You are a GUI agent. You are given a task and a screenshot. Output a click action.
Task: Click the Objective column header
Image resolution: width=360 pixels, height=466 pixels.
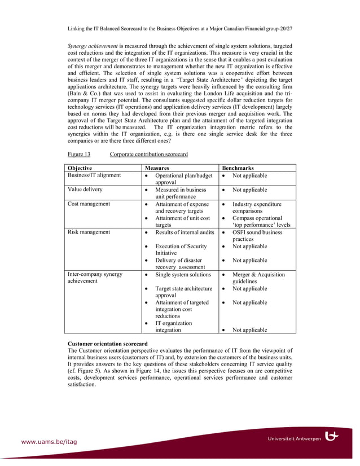(x=80, y=168)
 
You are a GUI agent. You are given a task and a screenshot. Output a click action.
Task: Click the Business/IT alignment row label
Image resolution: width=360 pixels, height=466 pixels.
(x=94, y=175)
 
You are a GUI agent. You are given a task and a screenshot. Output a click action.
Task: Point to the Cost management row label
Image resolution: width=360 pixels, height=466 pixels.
(x=89, y=204)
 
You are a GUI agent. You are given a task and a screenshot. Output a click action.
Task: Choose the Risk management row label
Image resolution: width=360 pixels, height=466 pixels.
(x=89, y=232)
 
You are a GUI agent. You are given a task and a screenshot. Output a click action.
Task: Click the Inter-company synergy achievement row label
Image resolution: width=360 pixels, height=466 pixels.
(x=95, y=278)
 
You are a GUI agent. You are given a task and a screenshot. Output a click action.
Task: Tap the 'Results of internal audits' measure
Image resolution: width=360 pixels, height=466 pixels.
(x=185, y=232)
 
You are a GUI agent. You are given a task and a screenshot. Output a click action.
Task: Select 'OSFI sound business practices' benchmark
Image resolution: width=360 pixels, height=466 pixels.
(x=257, y=235)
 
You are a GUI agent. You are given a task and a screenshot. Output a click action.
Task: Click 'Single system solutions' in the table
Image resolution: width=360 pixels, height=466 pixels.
(x=183, y=274)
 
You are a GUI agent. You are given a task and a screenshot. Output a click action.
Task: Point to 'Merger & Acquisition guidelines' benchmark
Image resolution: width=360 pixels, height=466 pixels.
(x=258, y=278)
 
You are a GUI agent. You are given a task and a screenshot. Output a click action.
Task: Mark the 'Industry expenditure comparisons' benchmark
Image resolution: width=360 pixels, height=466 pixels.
(x=257, y=207)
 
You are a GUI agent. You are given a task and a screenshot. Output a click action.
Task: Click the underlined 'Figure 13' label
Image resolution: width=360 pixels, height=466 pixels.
(x=79, y=155)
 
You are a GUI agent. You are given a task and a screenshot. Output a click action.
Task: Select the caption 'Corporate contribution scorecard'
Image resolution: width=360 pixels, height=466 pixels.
(x=149, y=155)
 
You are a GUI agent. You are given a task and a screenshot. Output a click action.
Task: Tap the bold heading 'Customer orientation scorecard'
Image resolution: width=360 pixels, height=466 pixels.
(x=108, y=344)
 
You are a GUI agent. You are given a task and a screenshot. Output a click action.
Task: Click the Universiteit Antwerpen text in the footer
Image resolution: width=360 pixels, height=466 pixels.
(x=294, y=438)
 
